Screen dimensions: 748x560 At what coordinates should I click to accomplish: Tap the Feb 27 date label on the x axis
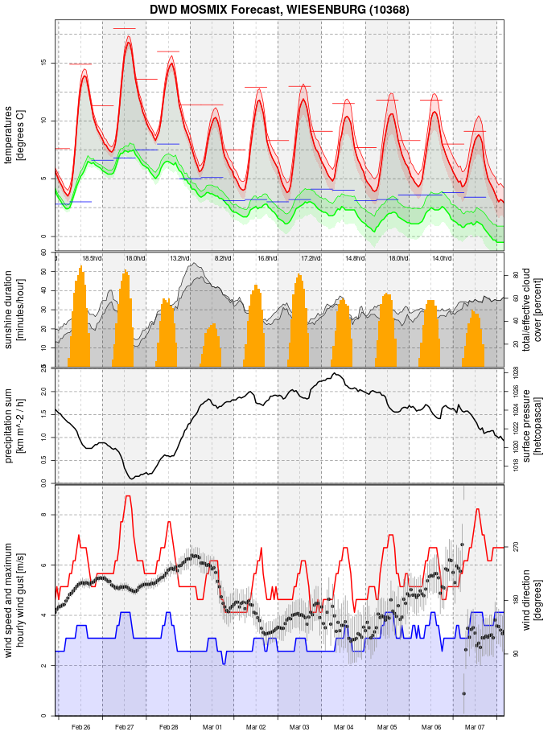pyautogui.click(x=125, y=727)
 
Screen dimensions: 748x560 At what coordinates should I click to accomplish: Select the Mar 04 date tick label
pyautogui.click(x=344, y=727)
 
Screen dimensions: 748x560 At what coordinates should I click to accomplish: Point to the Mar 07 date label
pyautogui.click(x=476, y=727)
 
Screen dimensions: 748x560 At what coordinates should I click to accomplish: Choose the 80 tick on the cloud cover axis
pyautogui.click(x=516, y=275)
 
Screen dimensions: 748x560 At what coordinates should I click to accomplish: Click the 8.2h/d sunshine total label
pyautogui.click(x=223, y=258)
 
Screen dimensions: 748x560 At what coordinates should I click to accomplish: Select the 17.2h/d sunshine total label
pyautogui.click(x=311, y=258)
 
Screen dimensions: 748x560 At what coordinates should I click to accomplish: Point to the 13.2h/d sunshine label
pyautogui.click(x=179, y=258)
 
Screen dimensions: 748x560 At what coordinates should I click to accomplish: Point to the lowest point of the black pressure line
pyautogui.click(x=132, y=479)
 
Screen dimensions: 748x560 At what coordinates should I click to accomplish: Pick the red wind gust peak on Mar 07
pyautogui.click(x=478, y=509)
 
